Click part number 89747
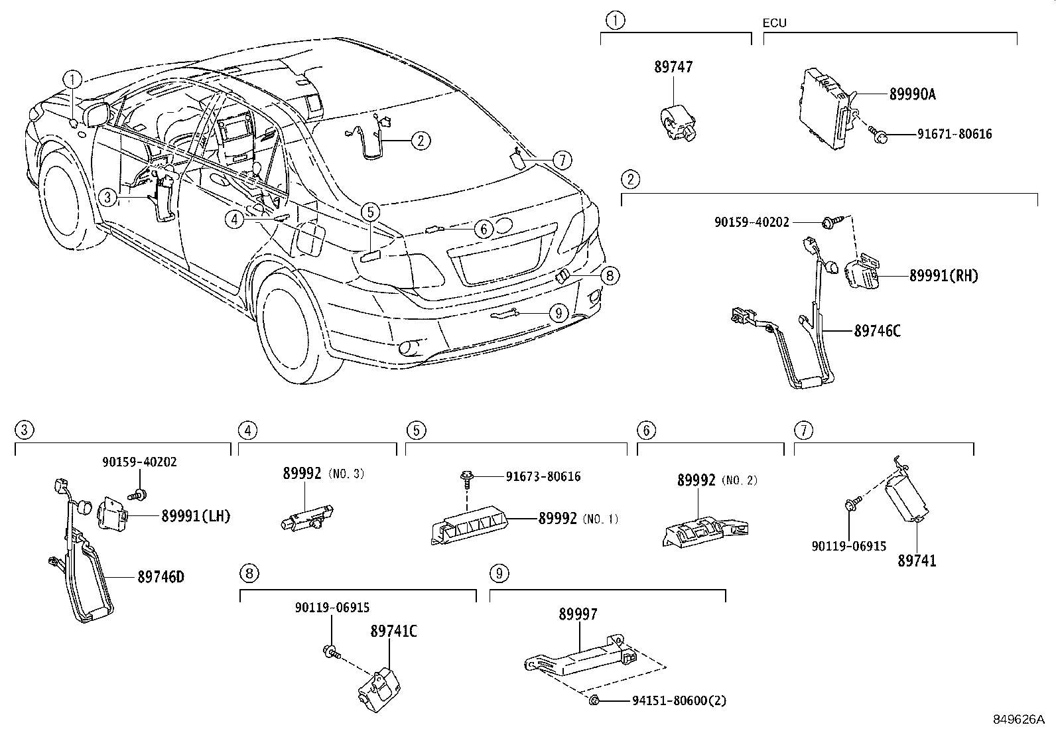(673, 67)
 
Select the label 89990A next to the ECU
(912, 94)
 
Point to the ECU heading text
(774, 23)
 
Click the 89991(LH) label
(196, 515)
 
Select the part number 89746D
(161, 577)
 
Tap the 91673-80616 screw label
(543, 476)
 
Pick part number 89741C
(393, 631)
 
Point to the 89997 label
(577, 614)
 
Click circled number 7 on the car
(561, 160)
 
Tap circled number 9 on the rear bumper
(559, 312)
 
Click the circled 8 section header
(248, 573)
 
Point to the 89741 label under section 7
(917, 561)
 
